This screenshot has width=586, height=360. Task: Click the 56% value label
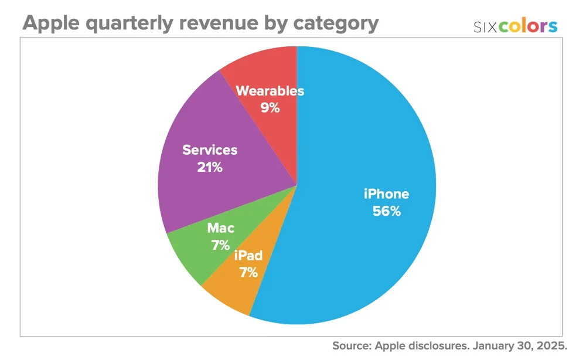387,212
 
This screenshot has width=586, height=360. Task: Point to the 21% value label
210,167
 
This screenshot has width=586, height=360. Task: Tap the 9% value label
270,108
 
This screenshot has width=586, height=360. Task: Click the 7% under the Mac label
220,246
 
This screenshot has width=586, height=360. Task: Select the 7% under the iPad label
248,272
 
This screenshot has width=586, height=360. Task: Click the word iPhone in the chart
387,194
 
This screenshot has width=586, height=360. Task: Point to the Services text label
210,150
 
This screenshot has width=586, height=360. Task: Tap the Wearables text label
270,91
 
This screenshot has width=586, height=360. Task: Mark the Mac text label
220,229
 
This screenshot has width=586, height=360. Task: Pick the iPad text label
248,256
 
